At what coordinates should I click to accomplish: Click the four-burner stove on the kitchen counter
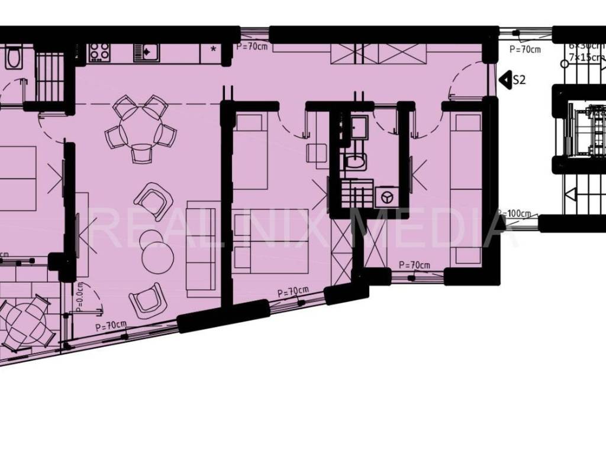(x=98, y=53)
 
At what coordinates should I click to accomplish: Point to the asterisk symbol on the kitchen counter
(x=213, y=48)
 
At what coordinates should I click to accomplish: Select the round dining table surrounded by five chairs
(x=140, y=125)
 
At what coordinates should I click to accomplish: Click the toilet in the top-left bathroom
(x=12, y=57)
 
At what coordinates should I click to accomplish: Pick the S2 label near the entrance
(x=519, y=80)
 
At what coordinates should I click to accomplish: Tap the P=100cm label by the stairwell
(x=514, y=213)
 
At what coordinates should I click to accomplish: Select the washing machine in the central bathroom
(x=386, y=196)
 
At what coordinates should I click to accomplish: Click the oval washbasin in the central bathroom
(x=355, y=162)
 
